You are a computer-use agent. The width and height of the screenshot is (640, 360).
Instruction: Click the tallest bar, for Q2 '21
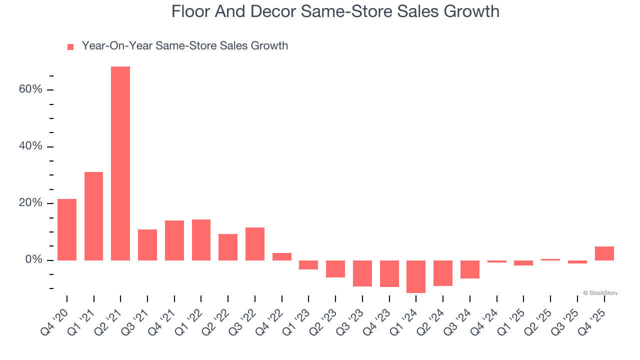click(x=120, y=163)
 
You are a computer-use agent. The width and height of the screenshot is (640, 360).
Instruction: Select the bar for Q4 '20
click(x=67, y=229)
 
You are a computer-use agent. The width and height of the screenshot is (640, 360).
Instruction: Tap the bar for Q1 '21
click(x=93, y=216)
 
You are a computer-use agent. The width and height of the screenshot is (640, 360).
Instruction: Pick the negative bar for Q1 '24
click(x=416, y=276)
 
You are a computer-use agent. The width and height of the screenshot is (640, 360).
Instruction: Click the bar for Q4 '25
click(x=604, y=253)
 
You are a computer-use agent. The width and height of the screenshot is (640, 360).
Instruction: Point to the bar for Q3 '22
click(x=255, y=244)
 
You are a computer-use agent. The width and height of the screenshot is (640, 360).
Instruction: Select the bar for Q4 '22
click(x=282, y=256)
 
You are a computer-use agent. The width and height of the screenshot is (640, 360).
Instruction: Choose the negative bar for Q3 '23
click(x=362, y=273)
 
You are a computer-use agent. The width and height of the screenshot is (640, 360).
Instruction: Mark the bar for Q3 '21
click(x=147, y=245)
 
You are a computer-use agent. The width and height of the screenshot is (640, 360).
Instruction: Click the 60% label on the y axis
click(x=31, y=89)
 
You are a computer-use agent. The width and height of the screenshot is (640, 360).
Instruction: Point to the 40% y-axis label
click(x=31, y=146)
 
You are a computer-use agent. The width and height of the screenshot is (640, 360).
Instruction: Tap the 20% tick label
click(x=31, y=203)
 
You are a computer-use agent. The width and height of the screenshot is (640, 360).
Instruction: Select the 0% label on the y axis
click(x=34, y=260)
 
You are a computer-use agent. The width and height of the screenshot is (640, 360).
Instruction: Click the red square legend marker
click(x=70, y=47)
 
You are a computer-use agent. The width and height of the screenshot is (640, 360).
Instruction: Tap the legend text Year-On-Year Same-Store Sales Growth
click(x=185, y=46)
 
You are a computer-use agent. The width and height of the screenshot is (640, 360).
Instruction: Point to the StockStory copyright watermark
click(x=600, y=293)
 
